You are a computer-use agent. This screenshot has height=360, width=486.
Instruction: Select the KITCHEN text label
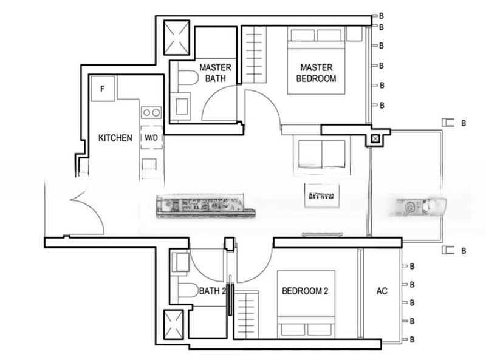[x=115, y=138]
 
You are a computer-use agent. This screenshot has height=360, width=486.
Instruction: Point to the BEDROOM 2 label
[x=305, y=291]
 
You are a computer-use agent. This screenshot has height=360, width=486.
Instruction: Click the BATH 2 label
[x=213, y=291]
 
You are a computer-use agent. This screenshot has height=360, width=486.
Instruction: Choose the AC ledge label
[x=382, y=291]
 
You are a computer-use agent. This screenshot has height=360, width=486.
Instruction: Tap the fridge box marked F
[x=103, y=89]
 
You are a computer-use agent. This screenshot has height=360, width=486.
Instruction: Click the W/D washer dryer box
[x=151, y=138]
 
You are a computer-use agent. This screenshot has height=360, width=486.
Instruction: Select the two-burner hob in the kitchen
[x=151, y=112]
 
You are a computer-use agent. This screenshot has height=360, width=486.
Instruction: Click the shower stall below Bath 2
[x=176, y=323]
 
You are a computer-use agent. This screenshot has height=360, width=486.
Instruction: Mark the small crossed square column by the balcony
[x=376, y=139]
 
